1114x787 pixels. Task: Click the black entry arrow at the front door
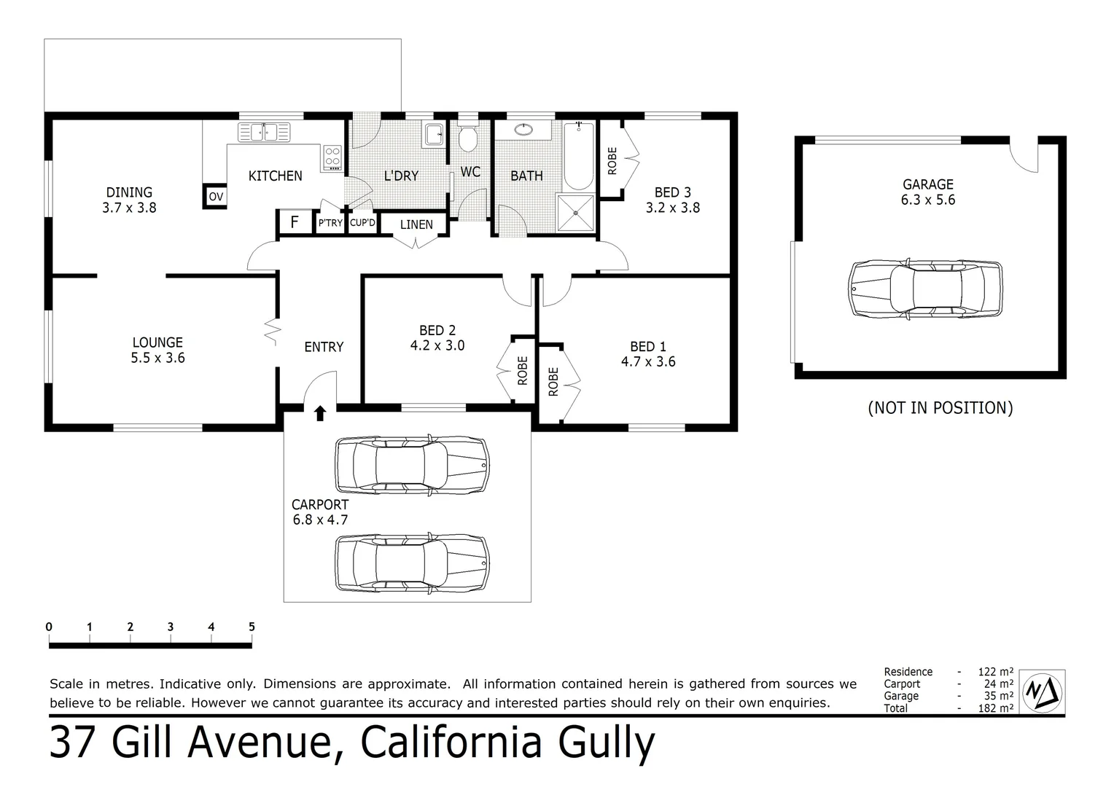point(319,413)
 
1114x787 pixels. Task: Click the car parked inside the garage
point(924,289)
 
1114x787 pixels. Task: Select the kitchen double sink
point(263,133)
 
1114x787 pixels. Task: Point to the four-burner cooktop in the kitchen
point(332,157)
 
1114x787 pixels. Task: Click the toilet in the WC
point(467,137)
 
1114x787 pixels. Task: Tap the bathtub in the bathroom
point(580,157)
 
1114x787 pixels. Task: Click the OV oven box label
point(216,197)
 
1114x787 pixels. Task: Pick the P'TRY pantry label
point(330,223)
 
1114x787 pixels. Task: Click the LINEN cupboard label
point(416,224)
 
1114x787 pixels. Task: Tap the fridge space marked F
point(295,222)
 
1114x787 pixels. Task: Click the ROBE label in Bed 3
point(612,160)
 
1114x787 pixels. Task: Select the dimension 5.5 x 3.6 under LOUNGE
point(157,358)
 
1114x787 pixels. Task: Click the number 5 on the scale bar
point(252,627)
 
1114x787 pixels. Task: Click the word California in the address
point(451,743)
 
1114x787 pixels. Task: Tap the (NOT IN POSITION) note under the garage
point(940,407)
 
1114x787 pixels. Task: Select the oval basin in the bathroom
point(523,130)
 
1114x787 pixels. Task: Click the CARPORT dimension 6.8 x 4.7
point(320,520)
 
